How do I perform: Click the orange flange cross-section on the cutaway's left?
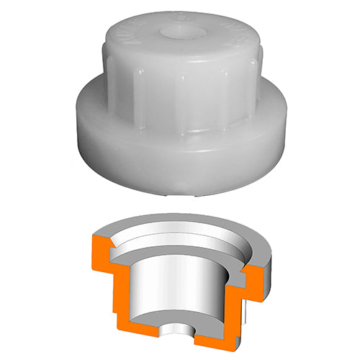[101, 249]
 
